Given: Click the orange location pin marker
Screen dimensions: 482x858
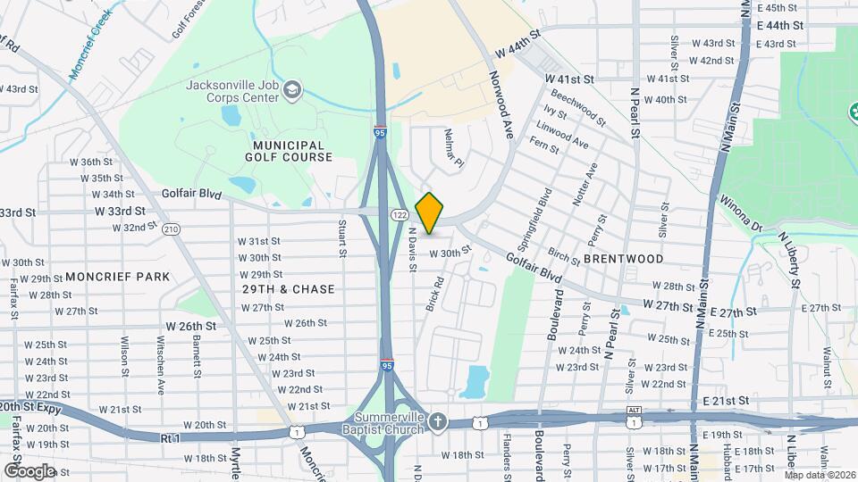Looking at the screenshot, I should coord(429,213).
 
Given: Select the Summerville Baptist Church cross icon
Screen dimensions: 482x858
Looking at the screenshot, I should coord(437,420).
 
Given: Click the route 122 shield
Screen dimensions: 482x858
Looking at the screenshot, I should coord(400,216).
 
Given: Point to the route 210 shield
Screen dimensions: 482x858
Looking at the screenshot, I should coord(172,230).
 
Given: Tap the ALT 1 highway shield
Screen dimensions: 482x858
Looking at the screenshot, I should coord(634,411).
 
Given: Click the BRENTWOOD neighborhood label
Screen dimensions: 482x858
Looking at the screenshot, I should coord(623,259).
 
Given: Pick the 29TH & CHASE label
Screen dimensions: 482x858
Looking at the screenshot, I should coord(288,289).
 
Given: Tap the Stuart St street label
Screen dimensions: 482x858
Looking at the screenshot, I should coord(342,238).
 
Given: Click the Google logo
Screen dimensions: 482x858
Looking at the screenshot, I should coord(29,470).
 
